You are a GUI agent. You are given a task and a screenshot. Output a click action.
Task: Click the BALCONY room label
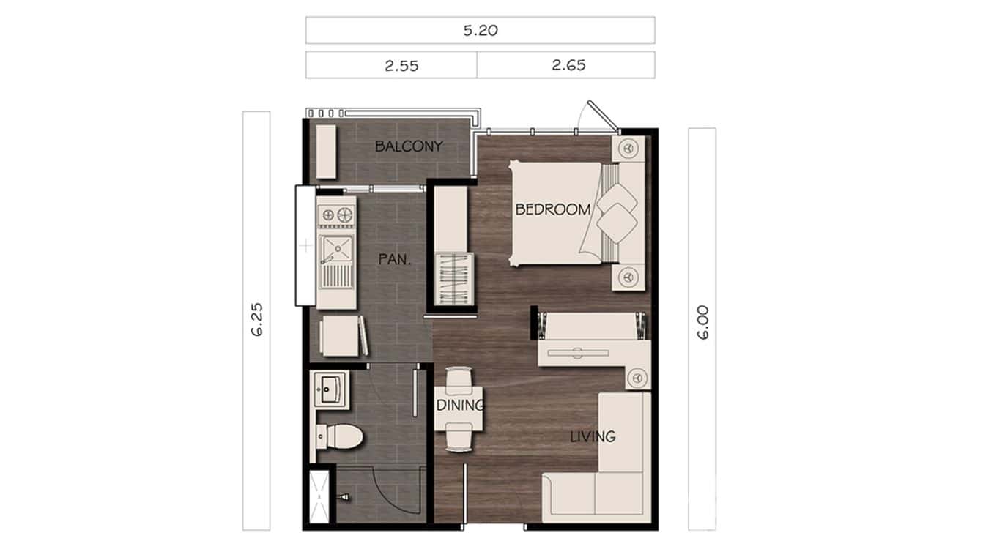point(409,146)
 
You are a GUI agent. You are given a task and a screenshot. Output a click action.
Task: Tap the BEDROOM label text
point(552,209)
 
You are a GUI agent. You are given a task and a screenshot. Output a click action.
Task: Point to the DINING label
point(460,406)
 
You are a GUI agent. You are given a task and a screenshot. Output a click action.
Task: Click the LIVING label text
point(593,437)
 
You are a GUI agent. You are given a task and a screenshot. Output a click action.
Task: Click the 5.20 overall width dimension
point(480,31)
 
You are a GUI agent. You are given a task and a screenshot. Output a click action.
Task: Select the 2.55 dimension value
point(401,65)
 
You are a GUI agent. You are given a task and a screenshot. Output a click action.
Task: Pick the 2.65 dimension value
point(568,65)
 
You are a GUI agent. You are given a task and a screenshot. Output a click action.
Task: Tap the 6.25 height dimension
point(256,320)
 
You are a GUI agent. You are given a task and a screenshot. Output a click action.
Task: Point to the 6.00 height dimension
point(702,324)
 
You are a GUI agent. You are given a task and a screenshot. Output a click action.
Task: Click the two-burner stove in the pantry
point(335,215)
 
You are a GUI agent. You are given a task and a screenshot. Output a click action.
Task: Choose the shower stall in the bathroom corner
point(319,497)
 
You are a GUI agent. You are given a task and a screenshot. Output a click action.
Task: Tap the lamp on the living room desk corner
point(637,378)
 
